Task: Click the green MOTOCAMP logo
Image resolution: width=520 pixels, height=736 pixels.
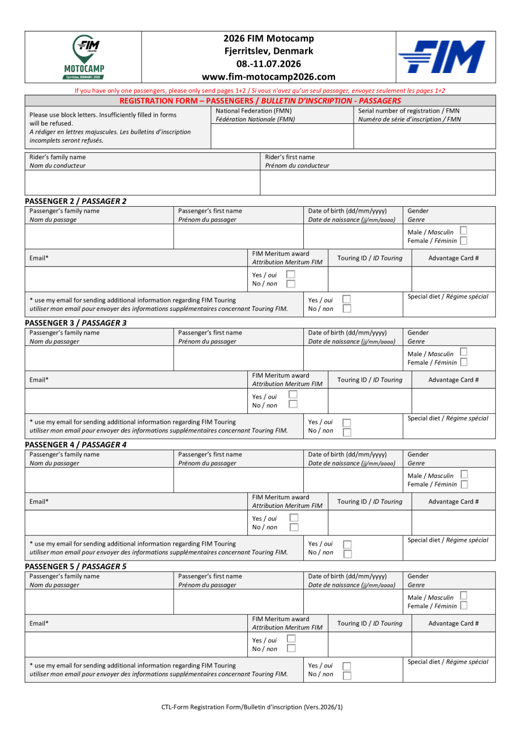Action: [83, 57]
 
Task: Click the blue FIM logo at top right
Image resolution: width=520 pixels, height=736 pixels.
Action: [441, 57]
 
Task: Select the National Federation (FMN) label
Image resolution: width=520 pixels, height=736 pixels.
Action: [253, 111]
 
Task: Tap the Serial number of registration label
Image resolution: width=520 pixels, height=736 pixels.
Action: [409, 111]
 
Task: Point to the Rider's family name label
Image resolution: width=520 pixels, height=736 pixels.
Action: [58, 157]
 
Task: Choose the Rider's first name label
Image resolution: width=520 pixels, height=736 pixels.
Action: [290, 157]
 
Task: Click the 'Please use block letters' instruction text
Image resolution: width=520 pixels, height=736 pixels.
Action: [103, 115]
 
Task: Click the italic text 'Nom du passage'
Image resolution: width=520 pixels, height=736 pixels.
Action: [53, 220]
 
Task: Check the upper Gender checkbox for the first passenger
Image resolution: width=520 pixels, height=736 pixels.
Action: [463, 230]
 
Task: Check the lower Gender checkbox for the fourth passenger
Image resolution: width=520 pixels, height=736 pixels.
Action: [463, 606]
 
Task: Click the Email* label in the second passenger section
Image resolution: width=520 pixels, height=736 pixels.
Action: [39, 380]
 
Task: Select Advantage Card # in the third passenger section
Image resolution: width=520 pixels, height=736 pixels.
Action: [453, 502]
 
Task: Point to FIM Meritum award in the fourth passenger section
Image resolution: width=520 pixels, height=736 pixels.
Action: [281, 619]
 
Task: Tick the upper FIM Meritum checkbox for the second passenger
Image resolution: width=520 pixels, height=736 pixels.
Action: [293, 394]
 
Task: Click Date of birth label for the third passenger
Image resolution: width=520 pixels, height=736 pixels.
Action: [347, 455]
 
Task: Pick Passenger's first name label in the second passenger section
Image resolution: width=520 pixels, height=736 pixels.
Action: [210, 333]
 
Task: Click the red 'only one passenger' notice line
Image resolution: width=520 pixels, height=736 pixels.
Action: [260, 91]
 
